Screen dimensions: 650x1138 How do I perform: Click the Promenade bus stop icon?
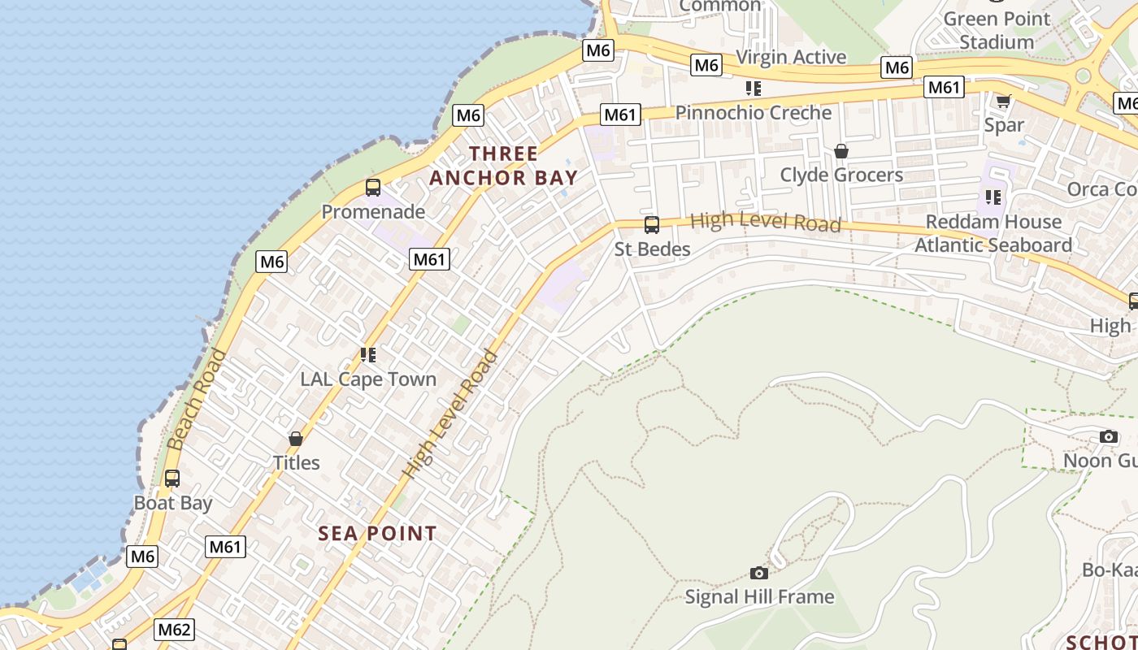(373, 188)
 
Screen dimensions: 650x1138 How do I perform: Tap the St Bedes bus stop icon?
(651, 225)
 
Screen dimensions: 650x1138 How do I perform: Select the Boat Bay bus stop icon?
(172, 479)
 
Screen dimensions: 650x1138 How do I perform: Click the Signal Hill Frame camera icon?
(758, 573)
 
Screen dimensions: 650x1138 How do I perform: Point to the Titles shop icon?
(296, 439)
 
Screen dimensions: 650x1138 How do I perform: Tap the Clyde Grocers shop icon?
(841, 151)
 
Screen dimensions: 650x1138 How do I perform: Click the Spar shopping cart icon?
(1003, 101)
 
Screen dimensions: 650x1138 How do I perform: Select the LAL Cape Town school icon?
(368, 355)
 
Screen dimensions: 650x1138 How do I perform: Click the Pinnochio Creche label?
(754, 113)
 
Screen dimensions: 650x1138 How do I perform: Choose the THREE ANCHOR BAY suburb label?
(503, 166)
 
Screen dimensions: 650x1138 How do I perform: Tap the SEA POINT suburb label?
(377, 534)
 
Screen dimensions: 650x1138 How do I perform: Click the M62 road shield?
(174, 630)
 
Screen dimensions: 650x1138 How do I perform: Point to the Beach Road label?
(197, 400)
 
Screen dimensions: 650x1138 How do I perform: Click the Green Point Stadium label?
(997, 30)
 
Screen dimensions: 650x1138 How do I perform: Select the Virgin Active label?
(791, 57)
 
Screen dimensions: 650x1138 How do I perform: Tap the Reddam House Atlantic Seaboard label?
(993, 233)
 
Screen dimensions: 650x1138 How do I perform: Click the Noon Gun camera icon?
(1108, 437)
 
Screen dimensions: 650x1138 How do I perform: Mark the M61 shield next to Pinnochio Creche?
(620, 115)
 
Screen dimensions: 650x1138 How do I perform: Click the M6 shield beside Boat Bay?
(142, 557)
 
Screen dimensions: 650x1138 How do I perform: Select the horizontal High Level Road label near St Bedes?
(765, 222)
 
